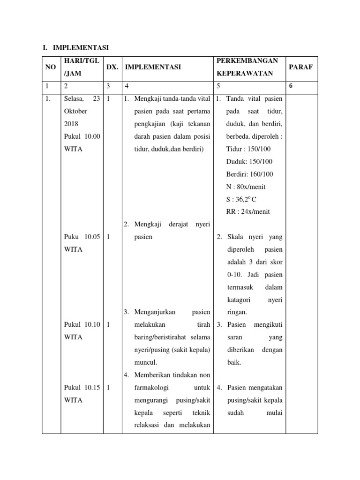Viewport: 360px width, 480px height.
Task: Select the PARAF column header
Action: [x=300, y=67]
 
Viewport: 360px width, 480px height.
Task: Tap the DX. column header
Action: [x=112, y=67]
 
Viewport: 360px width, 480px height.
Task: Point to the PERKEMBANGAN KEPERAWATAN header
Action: [x=247, y=67]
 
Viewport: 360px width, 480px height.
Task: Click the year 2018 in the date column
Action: [x=71, y=124]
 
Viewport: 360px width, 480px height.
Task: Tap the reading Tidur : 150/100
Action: [x=248, y=149]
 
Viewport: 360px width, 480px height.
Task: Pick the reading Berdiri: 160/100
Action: [x=249, y=174]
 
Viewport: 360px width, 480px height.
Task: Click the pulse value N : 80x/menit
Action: [x=246, y=187]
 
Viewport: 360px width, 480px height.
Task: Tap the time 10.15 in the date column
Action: [x=92, y=388]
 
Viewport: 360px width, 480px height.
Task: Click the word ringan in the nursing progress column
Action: [x=237, y=312]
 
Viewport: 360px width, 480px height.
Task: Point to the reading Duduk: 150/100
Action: [x=249, y=162]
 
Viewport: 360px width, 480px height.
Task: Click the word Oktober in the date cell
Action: [x=76, y=112]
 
